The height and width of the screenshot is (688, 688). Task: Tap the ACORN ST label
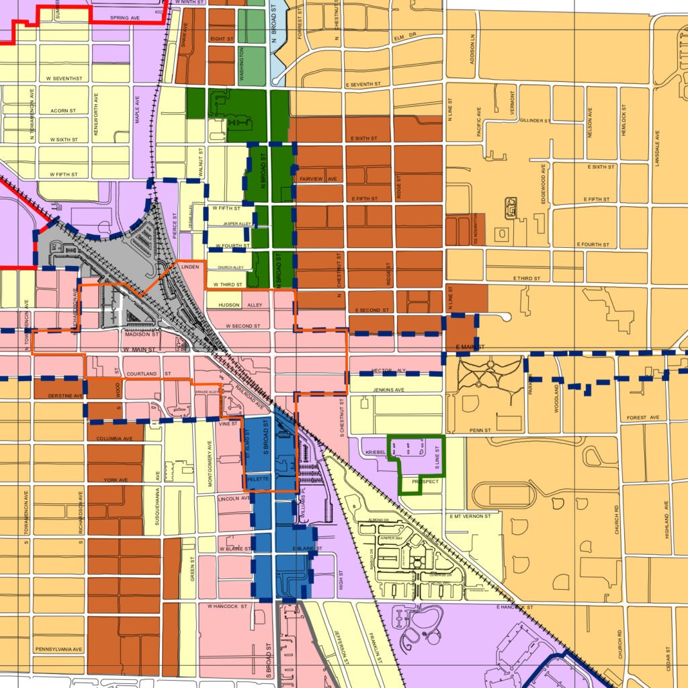(62, 110)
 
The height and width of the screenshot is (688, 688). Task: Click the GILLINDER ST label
(534, 121)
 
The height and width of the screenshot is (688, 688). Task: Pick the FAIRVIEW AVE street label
(318, 179)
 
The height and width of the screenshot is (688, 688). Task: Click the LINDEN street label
(191, 268)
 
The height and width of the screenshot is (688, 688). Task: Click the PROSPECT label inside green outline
(421, 482)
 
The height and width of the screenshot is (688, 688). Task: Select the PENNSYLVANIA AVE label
(59, 650)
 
